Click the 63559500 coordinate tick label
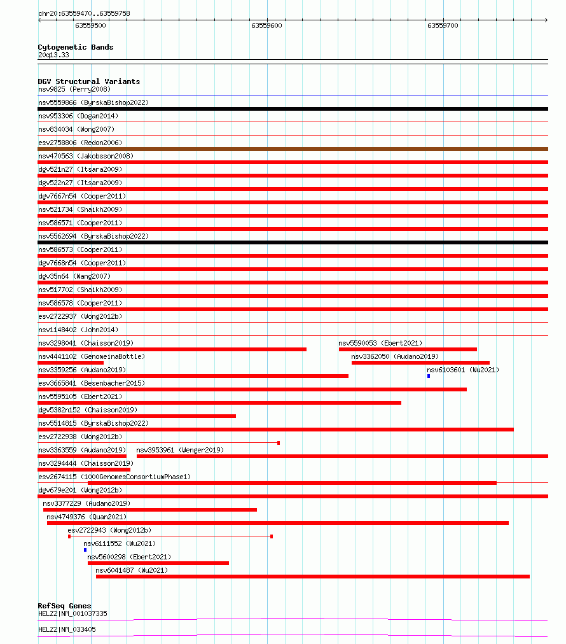(x=90, y=25)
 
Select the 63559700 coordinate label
(x=443, y=25)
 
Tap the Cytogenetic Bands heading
(x=76, y=47)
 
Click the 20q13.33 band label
(x=53, y=55)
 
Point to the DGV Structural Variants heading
(x=89, y=81)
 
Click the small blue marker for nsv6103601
(x=429, y=376)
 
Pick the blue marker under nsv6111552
(x=85, y=550)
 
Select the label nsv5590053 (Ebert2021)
(x=380, y=343)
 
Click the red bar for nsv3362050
(x=420, y=363)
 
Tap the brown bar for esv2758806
(x=293, y=149)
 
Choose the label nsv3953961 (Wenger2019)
(x=180, y=450)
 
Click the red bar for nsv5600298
(x=158, y=563)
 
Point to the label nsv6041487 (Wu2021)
(x=132, y=570)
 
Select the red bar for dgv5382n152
(x=137, y=416)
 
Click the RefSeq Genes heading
(x=64, y=606)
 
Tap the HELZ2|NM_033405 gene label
(x=67, y=629)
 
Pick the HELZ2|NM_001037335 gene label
(x=72, y=613)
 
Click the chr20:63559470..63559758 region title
(x=85, y=13)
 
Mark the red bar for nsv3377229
(x=150, y=510)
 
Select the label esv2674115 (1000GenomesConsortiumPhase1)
(x=114, y=477)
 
